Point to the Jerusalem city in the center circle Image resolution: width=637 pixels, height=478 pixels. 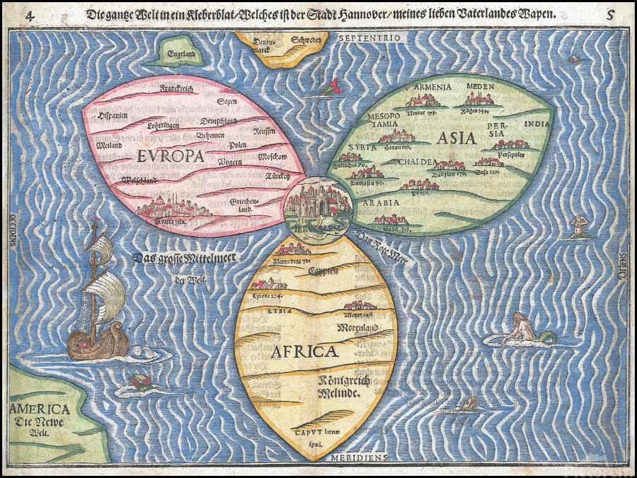pos(316,202)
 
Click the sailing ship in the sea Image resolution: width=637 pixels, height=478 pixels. pos(97,297)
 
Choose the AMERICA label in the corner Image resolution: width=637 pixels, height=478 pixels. pos(40,409)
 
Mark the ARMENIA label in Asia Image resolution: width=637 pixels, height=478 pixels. pos(432,86)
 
